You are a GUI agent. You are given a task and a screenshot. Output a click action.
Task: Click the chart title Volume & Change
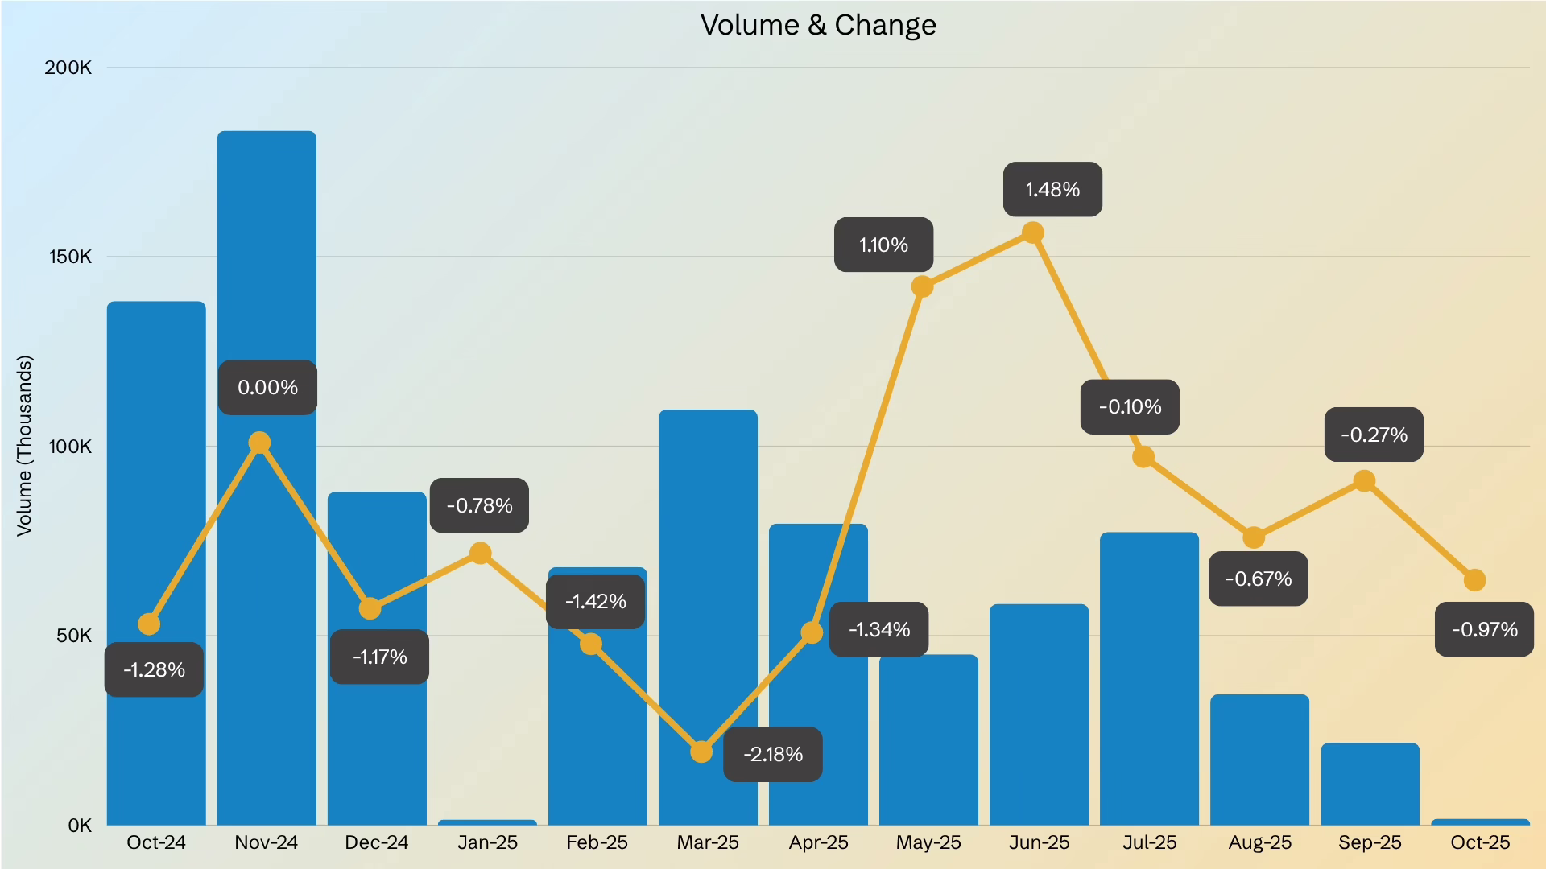tap(818, 25)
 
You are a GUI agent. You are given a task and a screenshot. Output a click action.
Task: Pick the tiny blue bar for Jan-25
tap(487, 822)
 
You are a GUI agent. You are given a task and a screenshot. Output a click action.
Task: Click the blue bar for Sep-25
tap(1370, 785)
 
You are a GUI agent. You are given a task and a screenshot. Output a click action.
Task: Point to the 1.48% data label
tap(1052, 190)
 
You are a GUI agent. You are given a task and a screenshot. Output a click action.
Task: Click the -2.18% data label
tap(773, 755)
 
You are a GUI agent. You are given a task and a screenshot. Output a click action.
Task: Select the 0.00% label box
tap(267, 388)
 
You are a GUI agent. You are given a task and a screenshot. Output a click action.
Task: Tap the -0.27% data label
tap(1374, 435)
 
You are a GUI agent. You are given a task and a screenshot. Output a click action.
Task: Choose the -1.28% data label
tap(154, 670)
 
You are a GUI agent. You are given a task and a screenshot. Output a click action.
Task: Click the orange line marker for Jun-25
tap(1033, 233)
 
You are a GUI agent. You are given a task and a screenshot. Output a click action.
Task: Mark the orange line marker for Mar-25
tap(701, 752)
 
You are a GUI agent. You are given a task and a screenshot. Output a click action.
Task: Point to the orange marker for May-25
tap(923, 286)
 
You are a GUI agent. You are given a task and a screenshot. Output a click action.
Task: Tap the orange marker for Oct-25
tap(1474, 580)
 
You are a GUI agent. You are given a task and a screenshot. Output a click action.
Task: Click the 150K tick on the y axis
tap(70, 257)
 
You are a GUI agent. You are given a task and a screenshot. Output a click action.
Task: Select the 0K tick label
tap(80, 826)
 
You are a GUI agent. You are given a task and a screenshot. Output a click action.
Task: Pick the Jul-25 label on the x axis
tap(1149, 842)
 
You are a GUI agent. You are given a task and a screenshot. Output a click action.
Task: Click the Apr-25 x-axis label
tap(818, 842)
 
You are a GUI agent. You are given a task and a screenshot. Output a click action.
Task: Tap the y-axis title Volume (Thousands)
tap(24, 446)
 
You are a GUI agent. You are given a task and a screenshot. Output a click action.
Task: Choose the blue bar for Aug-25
tap(1259, 760)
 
